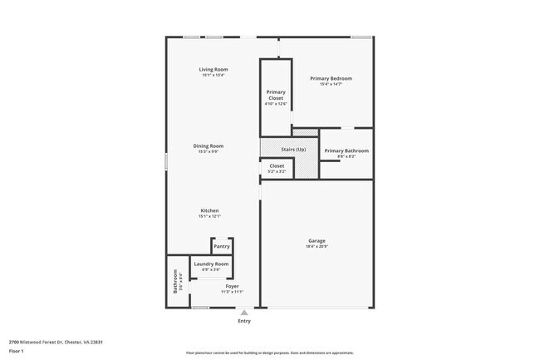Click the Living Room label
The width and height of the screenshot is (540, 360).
pos(213,69)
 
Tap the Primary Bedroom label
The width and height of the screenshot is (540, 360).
pos(331,78)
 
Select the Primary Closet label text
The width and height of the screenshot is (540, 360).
pos(276,94)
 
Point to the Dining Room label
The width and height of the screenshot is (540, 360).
pos(210,145)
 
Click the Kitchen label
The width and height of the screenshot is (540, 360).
pos(209,210)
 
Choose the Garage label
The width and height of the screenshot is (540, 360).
pos(317,241)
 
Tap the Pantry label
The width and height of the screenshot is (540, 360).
pos(221,246)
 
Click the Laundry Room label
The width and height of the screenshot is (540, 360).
pos(211,264)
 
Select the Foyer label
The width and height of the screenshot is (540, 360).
pos(232,286)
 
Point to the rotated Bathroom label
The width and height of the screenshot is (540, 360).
pos(175,284)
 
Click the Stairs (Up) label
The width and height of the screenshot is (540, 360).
pos(293,149)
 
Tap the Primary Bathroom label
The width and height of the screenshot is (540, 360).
pos(346,150)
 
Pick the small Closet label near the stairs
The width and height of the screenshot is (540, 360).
pos(277,165)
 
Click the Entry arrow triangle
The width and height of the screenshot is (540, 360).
pos(243,313)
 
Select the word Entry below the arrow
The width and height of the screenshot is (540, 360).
pos(244,321)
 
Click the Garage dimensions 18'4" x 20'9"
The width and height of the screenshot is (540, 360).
pos(317,246)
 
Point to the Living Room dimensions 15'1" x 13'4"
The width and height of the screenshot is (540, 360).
pos(213,75)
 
